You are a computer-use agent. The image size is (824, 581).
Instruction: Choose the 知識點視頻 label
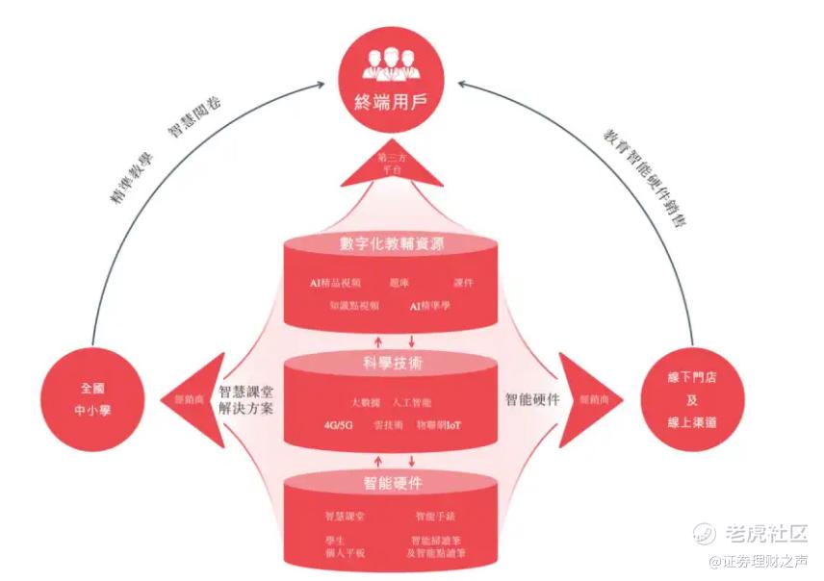353,306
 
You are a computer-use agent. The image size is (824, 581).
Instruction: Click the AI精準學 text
429,306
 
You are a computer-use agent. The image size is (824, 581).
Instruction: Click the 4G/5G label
339,424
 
